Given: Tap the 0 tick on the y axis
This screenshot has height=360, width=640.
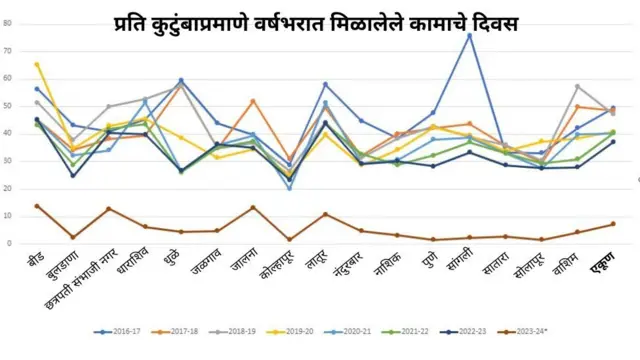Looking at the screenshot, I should (x=9, y=243).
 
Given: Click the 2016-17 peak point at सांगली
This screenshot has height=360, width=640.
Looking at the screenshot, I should (x=469, y=35).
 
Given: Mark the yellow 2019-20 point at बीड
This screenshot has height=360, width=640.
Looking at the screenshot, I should (x=37, y=64).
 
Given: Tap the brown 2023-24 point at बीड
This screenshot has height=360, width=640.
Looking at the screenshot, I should (x=37, y=206).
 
